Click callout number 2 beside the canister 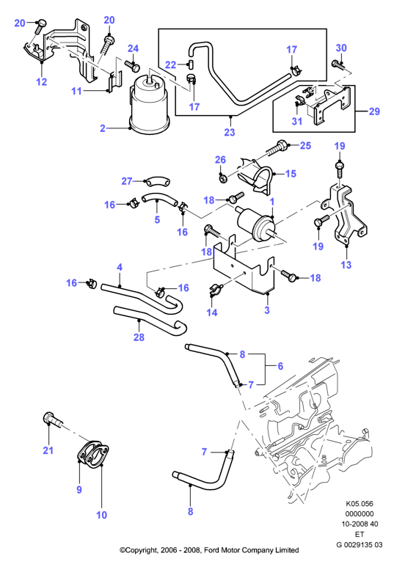[x=103, y=128]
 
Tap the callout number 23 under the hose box [x=229, y=132]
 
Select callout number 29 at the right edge [x=374, y=111]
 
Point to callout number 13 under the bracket [x=346, y=265]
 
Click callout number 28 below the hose [x=139, y=337]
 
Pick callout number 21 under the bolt [x=48, y=450]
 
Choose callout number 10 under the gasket [x=101, y=515]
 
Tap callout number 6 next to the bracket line [x=280, y=366]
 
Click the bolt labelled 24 [x=132, y=65]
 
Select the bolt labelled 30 [x=338, y=64]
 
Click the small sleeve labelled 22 [x=190, y=65]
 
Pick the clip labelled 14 [x=215, y=290]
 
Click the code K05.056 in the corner [x=359, y=504]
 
